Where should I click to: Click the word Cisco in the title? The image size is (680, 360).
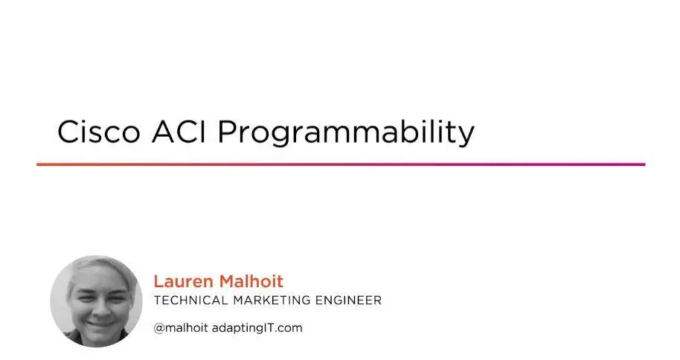99,132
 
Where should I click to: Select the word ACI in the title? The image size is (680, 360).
179,132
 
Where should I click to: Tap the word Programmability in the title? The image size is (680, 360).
346,133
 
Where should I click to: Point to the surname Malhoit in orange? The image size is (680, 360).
251,281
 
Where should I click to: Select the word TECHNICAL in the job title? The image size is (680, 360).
190,300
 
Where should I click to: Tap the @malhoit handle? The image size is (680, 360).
181,328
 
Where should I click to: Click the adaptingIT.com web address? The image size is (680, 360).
257,328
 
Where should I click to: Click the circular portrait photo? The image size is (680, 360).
96,301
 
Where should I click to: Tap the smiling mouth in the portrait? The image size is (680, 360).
100,323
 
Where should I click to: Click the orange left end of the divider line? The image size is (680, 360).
37,164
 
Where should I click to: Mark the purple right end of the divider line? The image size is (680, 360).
644,164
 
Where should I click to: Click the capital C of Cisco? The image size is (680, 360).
68,132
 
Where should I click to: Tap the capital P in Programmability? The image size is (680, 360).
227,132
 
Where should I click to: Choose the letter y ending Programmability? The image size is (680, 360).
466,137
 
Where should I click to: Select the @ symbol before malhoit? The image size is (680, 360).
159,328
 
